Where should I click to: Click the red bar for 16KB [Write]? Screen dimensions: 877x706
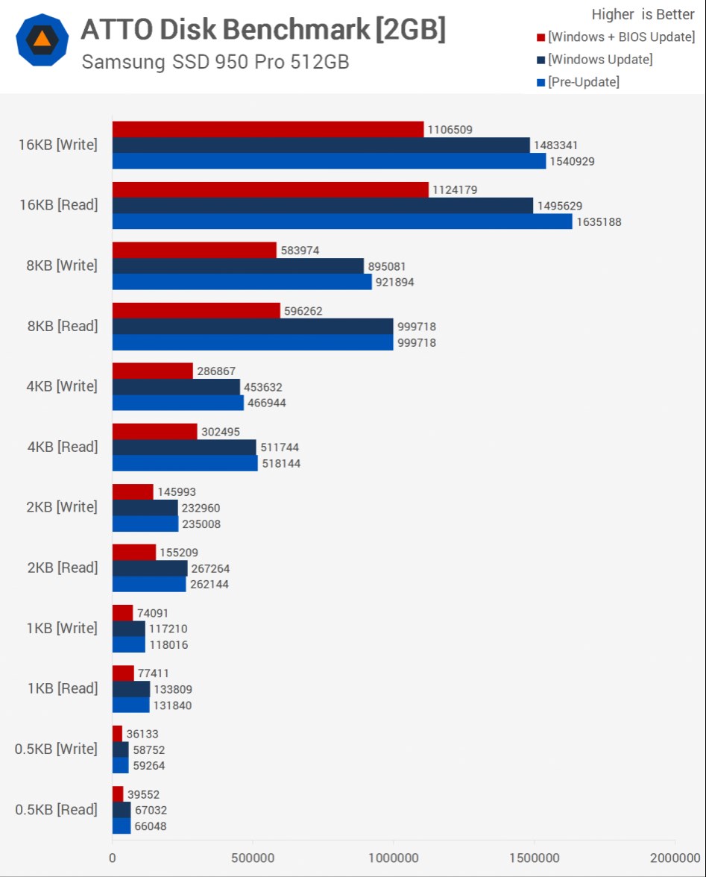coord(268,130)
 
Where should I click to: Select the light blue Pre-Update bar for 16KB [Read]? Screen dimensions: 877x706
coord(342,221)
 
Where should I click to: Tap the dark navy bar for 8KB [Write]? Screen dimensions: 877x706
coord(238,266)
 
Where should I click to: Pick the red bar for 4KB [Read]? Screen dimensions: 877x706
coord(154,432)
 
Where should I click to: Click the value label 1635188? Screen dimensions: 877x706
coord(599,222)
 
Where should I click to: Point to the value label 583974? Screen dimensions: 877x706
coord(300,251)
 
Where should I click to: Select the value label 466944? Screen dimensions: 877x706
coord(267,403)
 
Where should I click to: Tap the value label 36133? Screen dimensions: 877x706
coord(142,735)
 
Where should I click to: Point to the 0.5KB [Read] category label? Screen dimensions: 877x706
coord(57,809)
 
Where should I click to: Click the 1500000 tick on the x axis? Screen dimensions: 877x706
coord(535,858)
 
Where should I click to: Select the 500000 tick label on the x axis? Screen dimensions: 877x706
coord(253,858)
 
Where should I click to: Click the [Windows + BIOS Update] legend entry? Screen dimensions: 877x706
coord(616,37)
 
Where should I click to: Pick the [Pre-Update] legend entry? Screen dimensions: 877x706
coord(579,82)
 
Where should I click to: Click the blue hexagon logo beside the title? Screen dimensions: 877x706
coord(42,40)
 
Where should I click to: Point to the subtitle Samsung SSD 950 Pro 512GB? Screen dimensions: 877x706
coord(215,62)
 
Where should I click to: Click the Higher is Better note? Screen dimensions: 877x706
coord(643,15)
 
